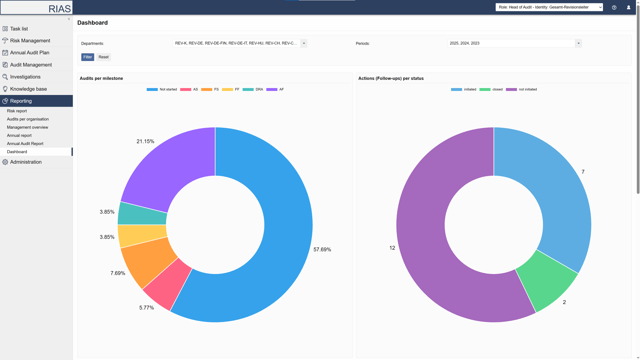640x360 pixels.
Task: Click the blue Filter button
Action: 87,57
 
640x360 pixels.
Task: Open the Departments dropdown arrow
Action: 304,43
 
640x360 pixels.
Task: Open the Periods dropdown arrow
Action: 578,43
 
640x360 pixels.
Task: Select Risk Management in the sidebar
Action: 30,41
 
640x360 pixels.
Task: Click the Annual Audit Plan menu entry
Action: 30,53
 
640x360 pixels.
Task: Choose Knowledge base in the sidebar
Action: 28,89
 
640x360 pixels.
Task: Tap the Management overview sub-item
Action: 27,127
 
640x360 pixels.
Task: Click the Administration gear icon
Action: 5,162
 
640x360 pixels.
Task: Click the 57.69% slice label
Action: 322,250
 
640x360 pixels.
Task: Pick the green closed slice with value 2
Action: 547,283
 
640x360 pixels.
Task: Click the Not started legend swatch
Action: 152,89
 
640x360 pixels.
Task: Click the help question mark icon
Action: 614,7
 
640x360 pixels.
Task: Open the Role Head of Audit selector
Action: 549,7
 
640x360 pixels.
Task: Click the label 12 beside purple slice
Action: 392,248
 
